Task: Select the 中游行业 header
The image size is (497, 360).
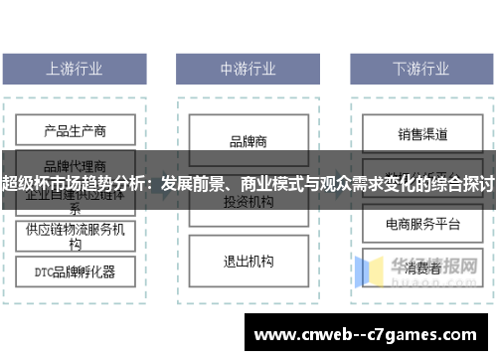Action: click(248, 70)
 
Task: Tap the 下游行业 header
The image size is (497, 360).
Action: click(421, 70)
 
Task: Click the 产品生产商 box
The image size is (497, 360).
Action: click(75, 130)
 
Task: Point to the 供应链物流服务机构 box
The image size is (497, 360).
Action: click(75, 236)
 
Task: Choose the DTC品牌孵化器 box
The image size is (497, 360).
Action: click(75, 270)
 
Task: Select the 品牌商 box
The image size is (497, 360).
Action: click(248, 141)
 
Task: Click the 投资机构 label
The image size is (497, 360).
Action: click(248, 202)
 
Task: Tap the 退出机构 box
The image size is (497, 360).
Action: click(248, 262)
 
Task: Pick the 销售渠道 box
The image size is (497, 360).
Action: click(422, 133)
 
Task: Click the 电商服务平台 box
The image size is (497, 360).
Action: click(422, 225)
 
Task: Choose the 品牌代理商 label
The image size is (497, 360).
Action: click(75, 165)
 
